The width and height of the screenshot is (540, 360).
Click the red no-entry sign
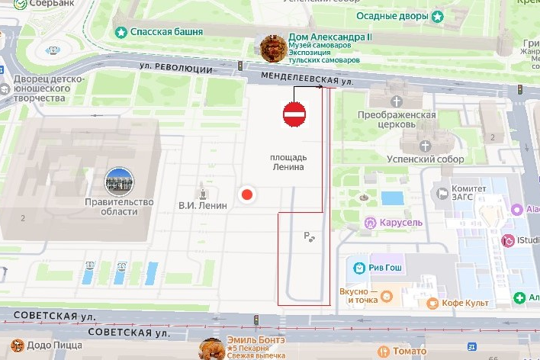point(294,114)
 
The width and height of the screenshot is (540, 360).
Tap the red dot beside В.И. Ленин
point(246,194)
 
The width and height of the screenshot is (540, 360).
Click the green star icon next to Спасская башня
point(120,32)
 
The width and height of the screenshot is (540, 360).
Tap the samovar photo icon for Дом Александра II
point(273,48)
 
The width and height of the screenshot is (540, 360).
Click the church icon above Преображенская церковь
point(396,101)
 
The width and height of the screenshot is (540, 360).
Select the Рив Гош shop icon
point(358,268)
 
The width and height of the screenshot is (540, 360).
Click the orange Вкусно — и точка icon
point(387,295)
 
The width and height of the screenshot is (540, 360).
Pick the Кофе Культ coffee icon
point(432,303)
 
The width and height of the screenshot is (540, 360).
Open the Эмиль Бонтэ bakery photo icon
point(211,349)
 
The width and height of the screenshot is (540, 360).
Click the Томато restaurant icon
point(381,351)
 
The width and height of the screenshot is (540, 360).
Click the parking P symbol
point(308,236)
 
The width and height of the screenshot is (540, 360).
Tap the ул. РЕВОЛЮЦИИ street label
point(175,68)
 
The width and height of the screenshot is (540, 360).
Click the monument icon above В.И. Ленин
point(203,191)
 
